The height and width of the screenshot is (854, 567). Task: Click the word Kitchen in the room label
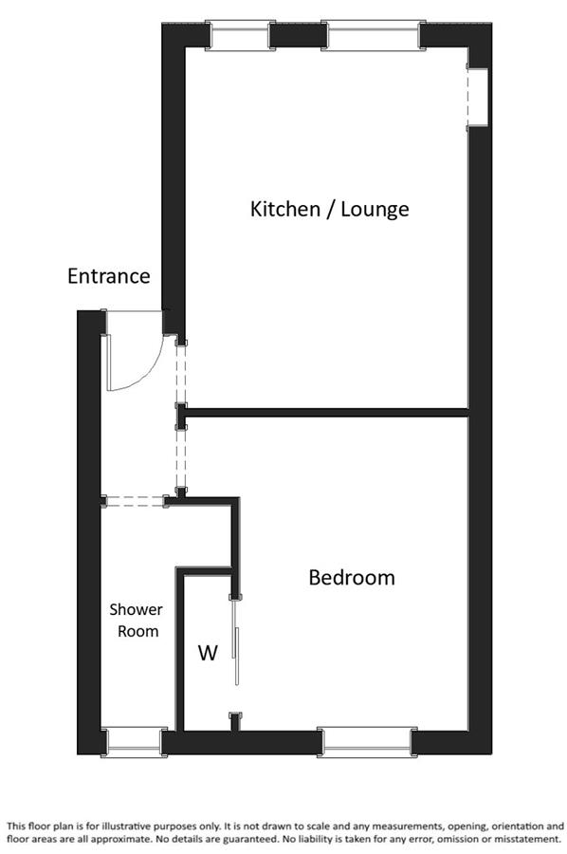point(285,209)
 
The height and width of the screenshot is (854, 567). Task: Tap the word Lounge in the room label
point(375,209)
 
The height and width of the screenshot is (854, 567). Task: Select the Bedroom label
point(352,577)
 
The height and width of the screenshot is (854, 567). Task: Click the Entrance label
point(109,276)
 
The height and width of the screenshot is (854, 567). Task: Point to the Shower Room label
point(136,621)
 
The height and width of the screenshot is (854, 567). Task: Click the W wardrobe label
point(208,652)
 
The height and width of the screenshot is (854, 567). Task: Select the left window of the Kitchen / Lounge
point(239,35)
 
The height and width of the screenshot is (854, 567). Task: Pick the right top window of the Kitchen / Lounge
point(374,35)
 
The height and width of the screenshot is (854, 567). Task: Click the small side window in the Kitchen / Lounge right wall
point(477,98)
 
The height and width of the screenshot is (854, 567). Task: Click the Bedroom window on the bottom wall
point(367,742)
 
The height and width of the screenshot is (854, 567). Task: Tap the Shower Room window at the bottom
point(135,742)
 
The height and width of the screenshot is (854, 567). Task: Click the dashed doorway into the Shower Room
point(135,501)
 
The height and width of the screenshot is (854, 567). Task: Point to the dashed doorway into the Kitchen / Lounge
point(181,374)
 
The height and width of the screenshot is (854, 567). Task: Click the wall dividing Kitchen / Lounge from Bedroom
point(326,413)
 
